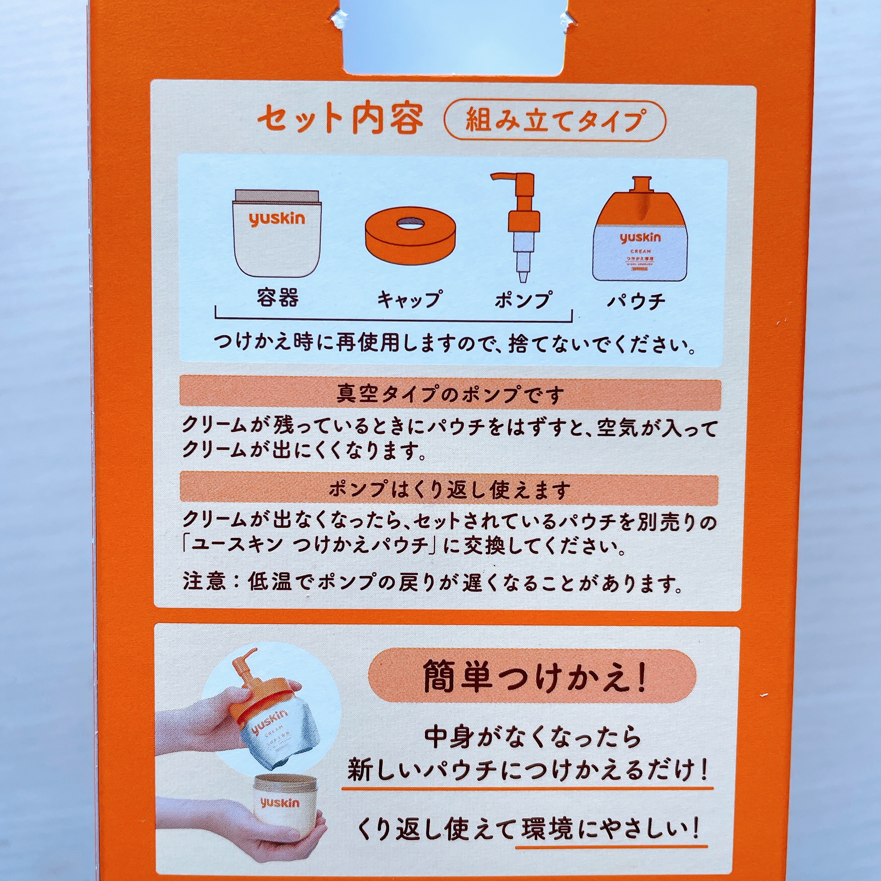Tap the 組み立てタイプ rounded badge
555,121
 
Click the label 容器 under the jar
277,299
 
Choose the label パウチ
636,301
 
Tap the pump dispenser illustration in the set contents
520,224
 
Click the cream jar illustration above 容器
277,232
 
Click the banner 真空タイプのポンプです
450,394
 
